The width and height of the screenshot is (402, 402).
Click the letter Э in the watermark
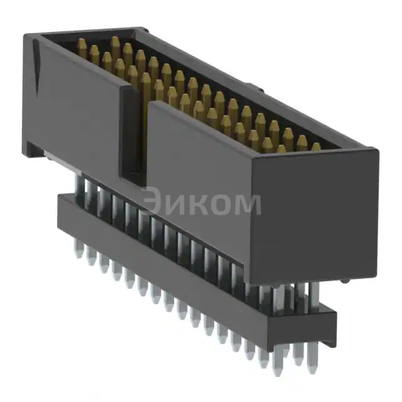[152, 202]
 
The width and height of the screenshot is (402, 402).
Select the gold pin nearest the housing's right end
[316, 147]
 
